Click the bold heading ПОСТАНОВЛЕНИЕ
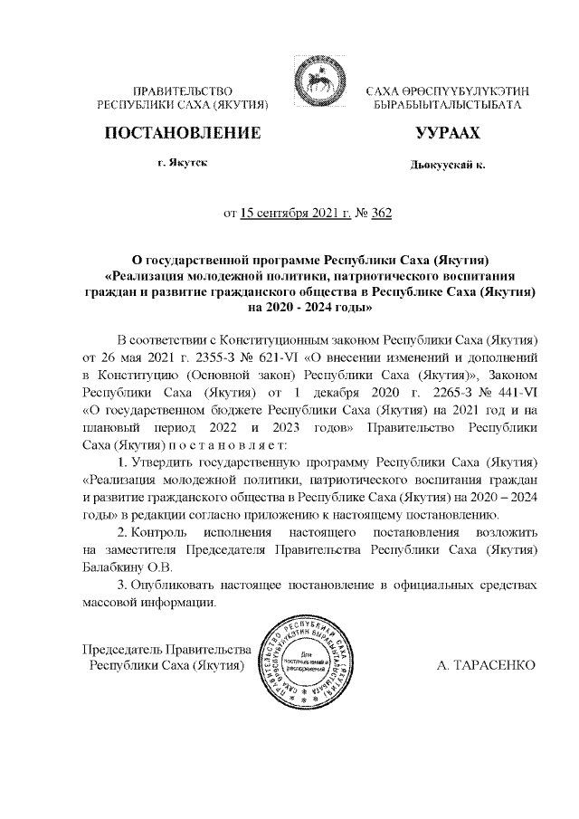click(184, 133)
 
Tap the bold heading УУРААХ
click(447, 133)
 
